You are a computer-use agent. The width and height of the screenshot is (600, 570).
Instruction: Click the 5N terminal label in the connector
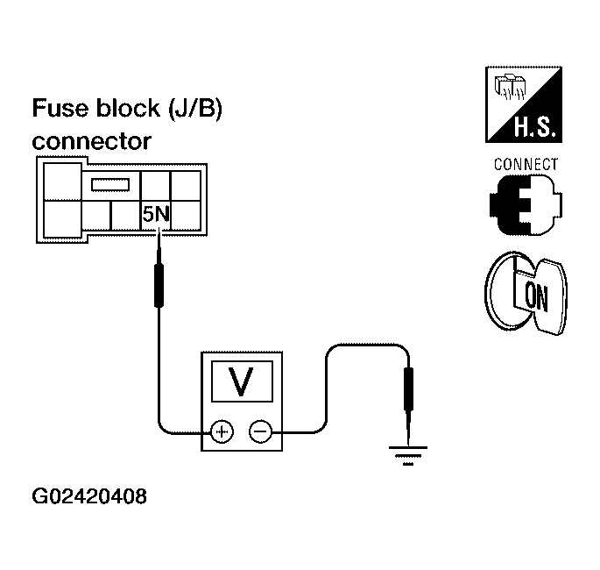(x=156, y=214)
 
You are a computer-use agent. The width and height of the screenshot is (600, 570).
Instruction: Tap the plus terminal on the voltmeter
(x=222, y=431)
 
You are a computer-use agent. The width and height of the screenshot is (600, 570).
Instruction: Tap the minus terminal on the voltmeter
(x=261, y=431)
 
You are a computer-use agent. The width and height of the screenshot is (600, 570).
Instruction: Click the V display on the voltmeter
(x=243, y=381)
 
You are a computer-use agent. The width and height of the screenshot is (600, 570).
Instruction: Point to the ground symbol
(x=408, y=455)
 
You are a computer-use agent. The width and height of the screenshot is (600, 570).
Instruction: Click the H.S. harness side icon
(x=524, y=104)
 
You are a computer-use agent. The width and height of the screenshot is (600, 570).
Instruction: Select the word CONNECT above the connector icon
(x=526, y=164)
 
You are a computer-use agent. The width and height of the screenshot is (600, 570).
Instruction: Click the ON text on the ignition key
(x=536, y=297)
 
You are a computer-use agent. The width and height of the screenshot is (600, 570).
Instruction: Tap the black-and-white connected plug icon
(x=526, y=205)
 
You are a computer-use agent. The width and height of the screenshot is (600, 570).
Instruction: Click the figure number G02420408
(x=89, y=496)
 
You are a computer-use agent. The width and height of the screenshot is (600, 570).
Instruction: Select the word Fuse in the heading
(x=60, y=108)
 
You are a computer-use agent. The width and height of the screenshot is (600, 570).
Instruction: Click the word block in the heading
(x=128, y=108)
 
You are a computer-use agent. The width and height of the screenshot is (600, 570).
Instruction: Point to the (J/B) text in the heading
(x=195, y=109)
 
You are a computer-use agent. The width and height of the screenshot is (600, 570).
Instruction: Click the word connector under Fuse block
(x=92, y=142)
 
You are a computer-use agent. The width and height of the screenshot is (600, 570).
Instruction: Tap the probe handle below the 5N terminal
(x=159, y=285)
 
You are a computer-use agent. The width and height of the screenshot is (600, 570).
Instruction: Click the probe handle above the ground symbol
(x=409, y=388)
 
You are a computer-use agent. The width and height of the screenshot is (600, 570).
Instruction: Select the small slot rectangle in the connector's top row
(x=110, y=185)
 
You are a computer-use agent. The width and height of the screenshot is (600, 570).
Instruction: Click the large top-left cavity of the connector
(x=63, y=182)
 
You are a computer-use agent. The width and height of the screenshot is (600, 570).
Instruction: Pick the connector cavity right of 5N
(x=186, y=215)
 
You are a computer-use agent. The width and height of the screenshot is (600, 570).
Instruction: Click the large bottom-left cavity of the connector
(x=63, y=219)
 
